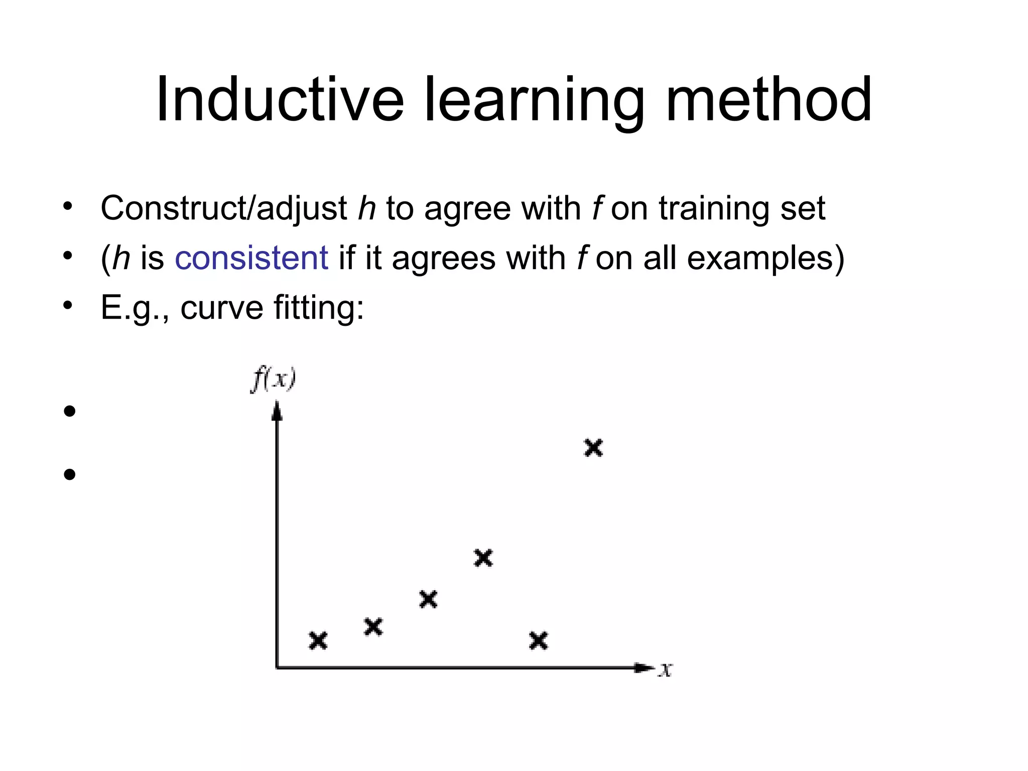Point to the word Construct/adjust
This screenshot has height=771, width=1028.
pyautogui.click(x=224, y=208)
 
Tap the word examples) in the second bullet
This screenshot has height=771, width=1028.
pyautogui.click(x=766, y=258)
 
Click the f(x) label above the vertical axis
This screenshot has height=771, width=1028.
pyautogui.click(x=273, y=379)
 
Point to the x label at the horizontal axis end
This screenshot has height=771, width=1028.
pyautogui.click(x=666, y=669)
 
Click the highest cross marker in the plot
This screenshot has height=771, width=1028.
pyautogui.click(x=593, y=447)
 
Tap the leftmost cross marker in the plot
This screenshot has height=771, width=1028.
pyautogui.click(x=318, y=640)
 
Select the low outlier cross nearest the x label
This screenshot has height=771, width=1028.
pyautogui.click(x=539, y=640)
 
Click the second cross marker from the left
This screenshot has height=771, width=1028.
pyautogui.click(x=373, y=626)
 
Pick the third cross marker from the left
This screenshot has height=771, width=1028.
pyautogui.click(x=428, y=599)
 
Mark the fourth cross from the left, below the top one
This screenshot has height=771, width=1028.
pyautogui.click(x=483, y=558)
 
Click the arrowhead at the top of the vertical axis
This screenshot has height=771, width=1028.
pyautogui.click(x=277, y=412)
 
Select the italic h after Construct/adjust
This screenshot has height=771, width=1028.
pyautogui.click(x=367, y=208)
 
